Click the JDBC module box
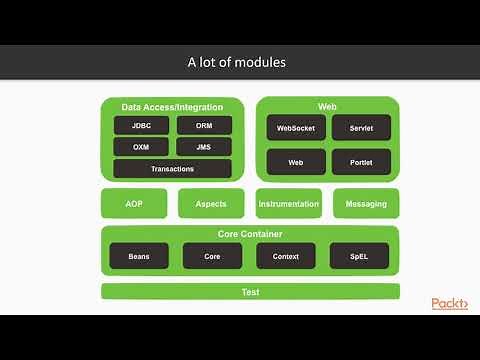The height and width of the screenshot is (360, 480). click(142, 126)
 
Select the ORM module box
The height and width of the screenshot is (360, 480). click(204, 126)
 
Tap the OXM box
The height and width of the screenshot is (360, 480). click(142, 147)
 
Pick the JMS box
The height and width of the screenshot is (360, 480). click(204, 147)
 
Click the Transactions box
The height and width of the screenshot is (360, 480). click(172, 169)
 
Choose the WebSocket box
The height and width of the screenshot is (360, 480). click(296, 128)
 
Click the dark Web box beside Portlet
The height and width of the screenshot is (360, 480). click(296, 162)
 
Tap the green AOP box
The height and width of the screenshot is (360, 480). click(134, 204)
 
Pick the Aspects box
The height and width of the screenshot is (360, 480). click(211, 204)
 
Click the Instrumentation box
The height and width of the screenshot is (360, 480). click(289, 204)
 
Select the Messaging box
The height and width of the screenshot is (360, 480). click(366, 204)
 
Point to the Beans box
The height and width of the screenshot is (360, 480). click(139, 256)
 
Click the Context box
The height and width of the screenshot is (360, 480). click(286, 256)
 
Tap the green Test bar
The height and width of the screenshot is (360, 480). click(250, 292)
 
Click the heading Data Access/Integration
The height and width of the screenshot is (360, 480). click(172, 106)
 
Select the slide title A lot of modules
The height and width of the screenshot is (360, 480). click(238, 62)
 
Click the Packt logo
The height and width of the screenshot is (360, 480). click(449, 304)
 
